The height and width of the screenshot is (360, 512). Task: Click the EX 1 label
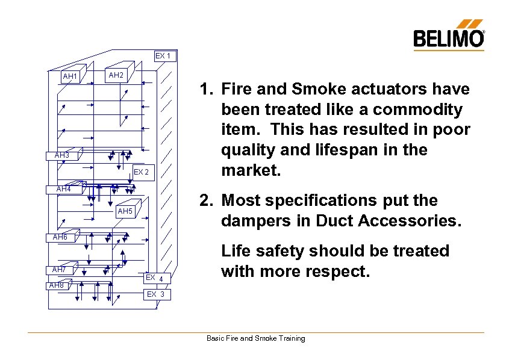point(163,56)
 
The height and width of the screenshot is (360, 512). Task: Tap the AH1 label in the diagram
point(70,76)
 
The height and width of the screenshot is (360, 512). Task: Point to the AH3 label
point(62,155)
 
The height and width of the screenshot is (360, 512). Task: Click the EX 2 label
point(141,172)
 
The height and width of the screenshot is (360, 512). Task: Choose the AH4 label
point(63,189)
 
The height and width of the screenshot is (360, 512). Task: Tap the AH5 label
point(125,211)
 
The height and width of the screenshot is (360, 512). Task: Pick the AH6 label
point(60,237)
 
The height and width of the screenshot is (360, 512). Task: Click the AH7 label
point(59,269)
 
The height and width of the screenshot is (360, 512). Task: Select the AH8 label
point(57,285)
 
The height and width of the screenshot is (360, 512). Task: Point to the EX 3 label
point(155,294)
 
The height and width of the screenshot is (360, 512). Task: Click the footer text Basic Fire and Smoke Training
point(256,338)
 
